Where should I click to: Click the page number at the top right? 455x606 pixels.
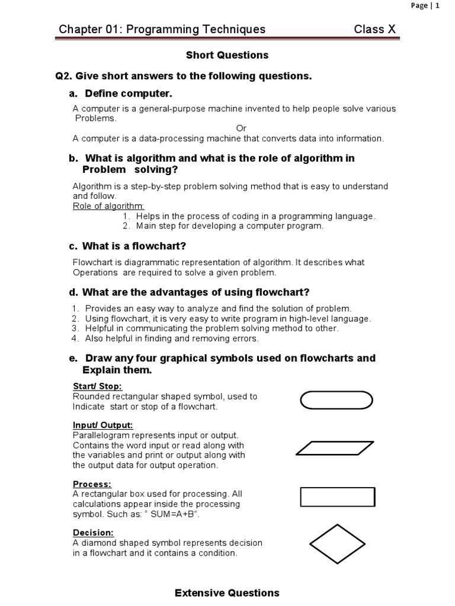click(425, 5)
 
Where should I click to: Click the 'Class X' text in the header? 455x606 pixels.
click(374, 30)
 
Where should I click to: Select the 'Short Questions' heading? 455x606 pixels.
click(227, 55)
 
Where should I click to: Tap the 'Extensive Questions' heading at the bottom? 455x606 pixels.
click(227, 592)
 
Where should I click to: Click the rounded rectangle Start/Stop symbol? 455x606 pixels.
click(337, 401)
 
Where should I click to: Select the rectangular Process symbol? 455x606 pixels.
click(338, 497)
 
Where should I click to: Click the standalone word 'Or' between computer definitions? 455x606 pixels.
click(241, 128)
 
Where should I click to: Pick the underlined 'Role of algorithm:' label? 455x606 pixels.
click(108, 206)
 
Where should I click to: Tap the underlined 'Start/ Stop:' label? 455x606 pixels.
click(97, 386)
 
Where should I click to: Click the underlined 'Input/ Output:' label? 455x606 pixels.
click(102, 425)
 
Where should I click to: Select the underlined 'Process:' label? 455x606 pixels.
click(92, 484)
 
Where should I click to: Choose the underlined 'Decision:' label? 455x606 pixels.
click(93, 533)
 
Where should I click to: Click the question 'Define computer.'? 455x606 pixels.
click(129, 94)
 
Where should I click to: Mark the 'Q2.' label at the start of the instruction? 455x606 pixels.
click(63, 76)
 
